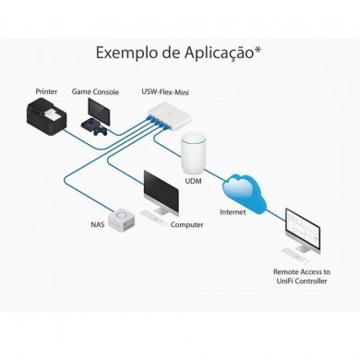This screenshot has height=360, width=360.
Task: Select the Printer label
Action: [46, 91]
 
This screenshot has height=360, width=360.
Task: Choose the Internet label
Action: [233, 211]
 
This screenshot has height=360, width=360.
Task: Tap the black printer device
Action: [45, 121]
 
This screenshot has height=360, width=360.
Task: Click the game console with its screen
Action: [98, 114]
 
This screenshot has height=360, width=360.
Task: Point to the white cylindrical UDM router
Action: [194, 154]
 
